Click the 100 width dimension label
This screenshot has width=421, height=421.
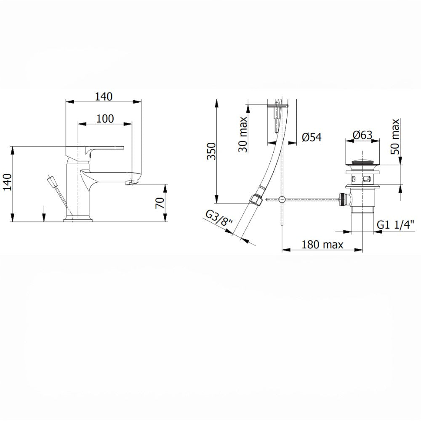pyautogui.click(x=105, y=118)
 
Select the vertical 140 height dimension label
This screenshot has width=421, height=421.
pyautogui.click(x=7, y=182)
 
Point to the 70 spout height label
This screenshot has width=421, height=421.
pyautogui.click(x=160, y=203)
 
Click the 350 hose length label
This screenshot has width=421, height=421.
pyautogui.click(x=212, y=151)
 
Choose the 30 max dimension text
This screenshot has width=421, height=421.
pyautogui.click(x=243, y=134)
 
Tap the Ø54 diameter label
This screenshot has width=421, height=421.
pyautogui.click(x=312, y=137)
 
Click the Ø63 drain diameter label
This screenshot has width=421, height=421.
pyautogui.click(x=362, y=135)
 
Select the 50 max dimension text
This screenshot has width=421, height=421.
pyautogui.click(x=395, y=136)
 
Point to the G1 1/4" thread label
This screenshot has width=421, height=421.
pyautogui.click(x=396, y=224)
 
